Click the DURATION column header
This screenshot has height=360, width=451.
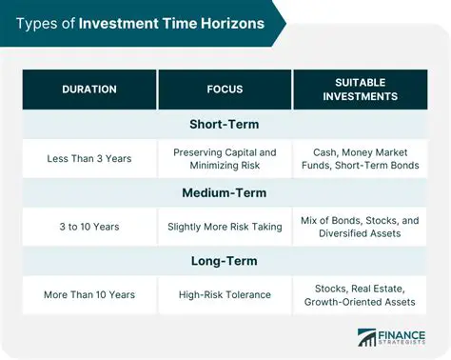[88, 89]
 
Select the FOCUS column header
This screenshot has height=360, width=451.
[225, 89]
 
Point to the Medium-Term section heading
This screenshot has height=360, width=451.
[225, 192]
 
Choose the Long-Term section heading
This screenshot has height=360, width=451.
[225, 261]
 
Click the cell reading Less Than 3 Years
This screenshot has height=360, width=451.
[88, 158]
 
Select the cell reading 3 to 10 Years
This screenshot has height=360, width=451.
[88, 227]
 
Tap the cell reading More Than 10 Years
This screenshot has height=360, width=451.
[88, 295]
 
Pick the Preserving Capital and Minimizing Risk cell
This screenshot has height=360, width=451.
[225, 158]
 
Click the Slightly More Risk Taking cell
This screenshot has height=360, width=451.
[225, 227]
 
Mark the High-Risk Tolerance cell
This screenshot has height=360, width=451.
[225, 295]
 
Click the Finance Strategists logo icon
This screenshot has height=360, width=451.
[366, 339]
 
